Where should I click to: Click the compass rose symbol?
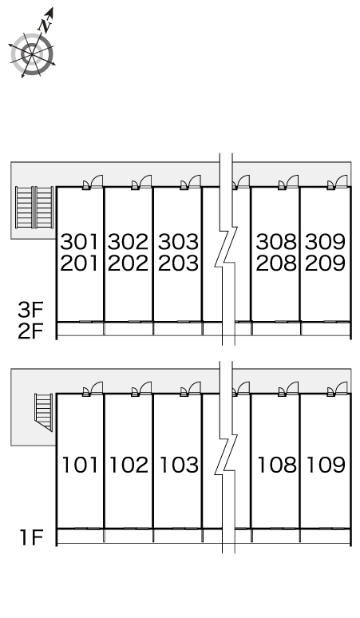[31, 54]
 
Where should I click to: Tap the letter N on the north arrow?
[45, 26]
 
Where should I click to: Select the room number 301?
[79, 242]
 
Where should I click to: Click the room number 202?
[128, 263]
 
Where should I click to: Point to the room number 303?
[178, 242]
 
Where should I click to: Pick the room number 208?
[276, 263]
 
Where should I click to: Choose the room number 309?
[325, 242]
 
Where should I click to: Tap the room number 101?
[80, 465]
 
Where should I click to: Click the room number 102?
[129, 465]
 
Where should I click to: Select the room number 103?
[179, 465]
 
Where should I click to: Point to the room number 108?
[277, 465]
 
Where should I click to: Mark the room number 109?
[326, 465]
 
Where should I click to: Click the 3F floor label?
[30, 310]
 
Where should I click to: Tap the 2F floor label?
[30, 331]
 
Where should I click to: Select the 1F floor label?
[31, 537]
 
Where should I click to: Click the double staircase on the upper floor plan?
[34, 208]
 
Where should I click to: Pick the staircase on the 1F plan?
[44, 411]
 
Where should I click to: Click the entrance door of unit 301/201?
[93, 183]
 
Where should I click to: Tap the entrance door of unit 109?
[338, 389]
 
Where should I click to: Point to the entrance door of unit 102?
[142, 389]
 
